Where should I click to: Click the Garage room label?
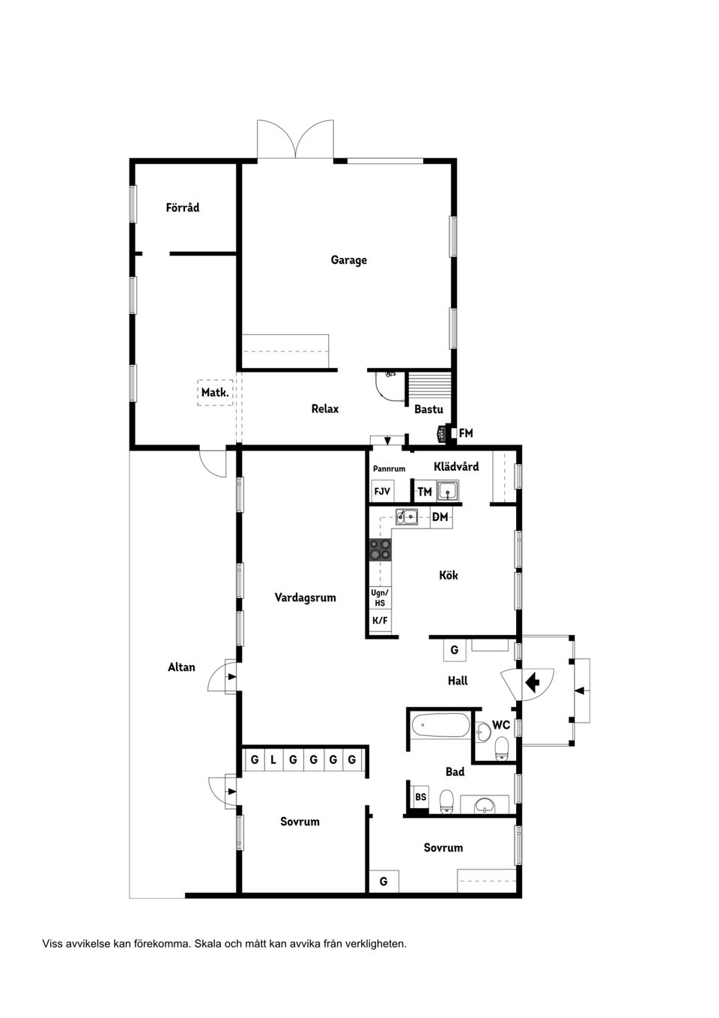348,260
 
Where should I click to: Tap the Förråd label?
183,208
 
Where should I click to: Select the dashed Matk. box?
215,392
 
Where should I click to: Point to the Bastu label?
428,409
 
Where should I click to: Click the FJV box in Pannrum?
382,492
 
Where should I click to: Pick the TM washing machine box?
425,492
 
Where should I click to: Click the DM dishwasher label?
440,517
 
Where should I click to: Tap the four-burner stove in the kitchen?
380,550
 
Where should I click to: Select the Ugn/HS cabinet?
380,597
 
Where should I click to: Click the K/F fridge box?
380,621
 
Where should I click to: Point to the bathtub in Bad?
440,726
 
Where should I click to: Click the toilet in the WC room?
502,747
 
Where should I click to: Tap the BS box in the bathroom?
420,797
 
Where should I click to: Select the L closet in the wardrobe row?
273,760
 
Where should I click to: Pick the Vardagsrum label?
305,597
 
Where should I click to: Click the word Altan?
181,667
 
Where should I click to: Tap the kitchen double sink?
407,516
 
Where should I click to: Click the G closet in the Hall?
454,650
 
